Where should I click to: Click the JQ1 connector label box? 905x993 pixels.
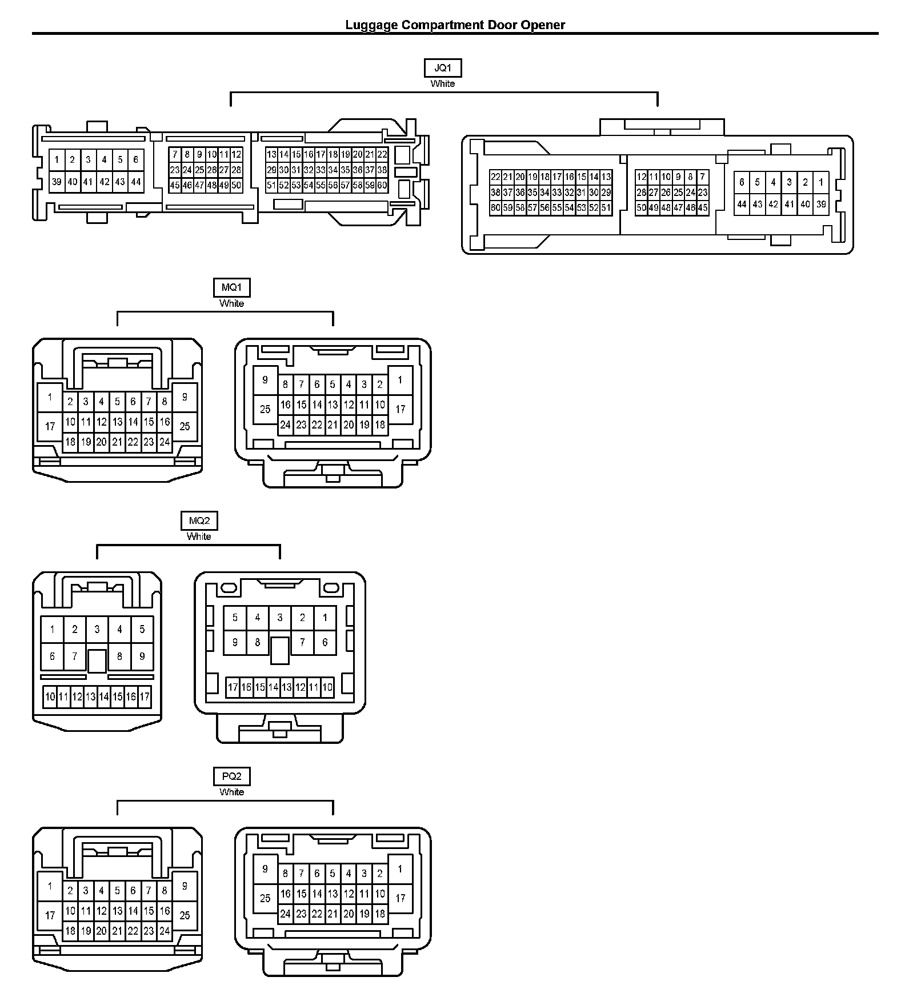[x=443, y=68]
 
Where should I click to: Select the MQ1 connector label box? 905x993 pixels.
[x=231, y=287]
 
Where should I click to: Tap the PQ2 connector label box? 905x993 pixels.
[x=231, y=776]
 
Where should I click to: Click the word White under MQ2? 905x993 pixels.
[x=199, y=536]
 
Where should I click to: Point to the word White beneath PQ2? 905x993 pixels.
[x=231, y=792]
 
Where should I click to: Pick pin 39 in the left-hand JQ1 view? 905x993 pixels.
[x=57, y=182]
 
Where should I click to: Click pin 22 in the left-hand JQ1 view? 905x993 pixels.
[x=382, y=154]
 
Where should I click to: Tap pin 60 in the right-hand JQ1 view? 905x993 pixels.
[x=495, y=208]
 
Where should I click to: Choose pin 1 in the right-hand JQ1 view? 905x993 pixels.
[x=821, y=182]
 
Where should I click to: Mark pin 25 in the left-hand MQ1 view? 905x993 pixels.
[x=185, y=426]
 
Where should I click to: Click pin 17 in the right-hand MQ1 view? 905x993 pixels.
[x=401, y=409]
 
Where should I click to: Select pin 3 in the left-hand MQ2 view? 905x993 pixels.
[x=97, y=630]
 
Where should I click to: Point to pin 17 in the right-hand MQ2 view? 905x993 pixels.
[x=233, y=687]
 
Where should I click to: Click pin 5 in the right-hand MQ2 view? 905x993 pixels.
[x=235, y=618]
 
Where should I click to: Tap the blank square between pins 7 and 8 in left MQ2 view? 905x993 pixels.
[x=97, y=660]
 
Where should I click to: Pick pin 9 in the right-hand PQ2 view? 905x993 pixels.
[x=265, y=869]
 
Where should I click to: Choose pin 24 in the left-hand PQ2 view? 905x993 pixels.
[x=165, y=930]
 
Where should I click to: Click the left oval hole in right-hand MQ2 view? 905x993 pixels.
[x=229, y=588]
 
